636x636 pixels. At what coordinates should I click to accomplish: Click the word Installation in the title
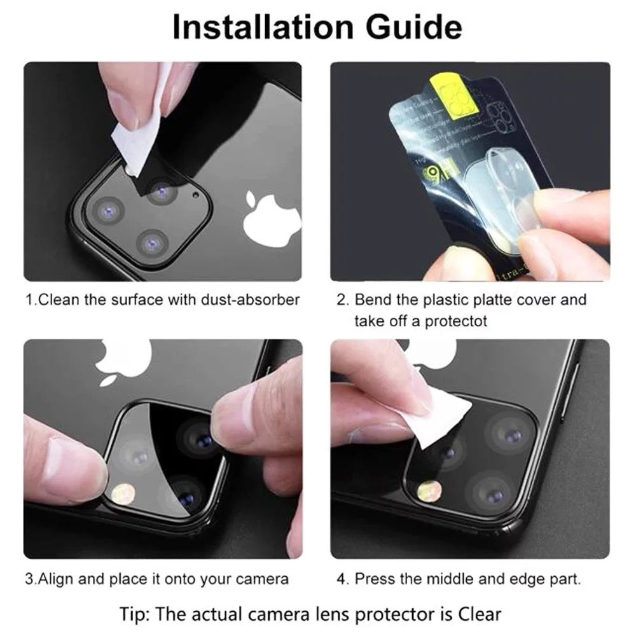263,27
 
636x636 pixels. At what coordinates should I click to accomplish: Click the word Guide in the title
414,27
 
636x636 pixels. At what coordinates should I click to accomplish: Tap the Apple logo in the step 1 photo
272,217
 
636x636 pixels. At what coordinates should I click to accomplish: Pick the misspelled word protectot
455,321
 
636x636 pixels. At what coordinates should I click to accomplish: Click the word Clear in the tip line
480,614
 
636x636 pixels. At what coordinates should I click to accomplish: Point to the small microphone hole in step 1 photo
197,195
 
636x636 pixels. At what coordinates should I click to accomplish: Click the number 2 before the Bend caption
342,300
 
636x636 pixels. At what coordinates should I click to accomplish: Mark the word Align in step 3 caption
55,579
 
